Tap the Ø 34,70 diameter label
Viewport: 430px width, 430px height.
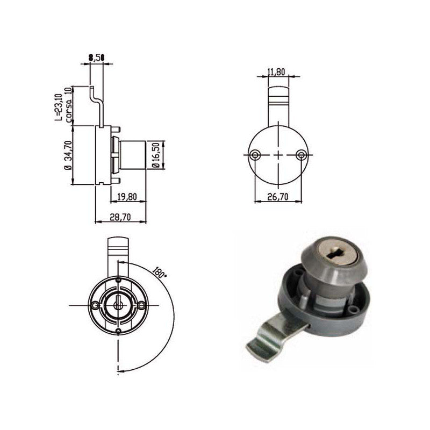[67, 155]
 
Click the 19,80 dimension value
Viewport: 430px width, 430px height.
[127, 197]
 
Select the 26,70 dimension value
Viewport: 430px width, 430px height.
[277, 197]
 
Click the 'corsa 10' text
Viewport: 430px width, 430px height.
[68, 105]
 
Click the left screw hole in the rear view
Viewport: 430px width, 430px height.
[254, 155]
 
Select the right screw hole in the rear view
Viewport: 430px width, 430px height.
[301, 155]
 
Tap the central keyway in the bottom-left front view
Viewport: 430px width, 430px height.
[118, 304]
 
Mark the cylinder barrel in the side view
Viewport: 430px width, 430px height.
[132, 155]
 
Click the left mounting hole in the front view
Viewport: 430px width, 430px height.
[95, 305]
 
